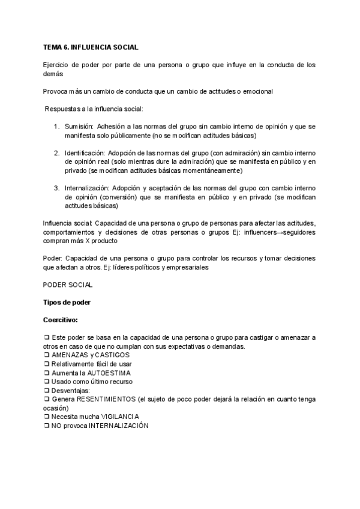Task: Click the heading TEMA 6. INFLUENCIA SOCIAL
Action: tap(91, 46)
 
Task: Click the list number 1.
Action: tap(55, 127)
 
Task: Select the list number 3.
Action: tap(55, 188)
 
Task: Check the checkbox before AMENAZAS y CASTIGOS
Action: tap(46, 355)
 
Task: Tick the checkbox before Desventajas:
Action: tap(46, 390)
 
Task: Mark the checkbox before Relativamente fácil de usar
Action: tap(46, 364)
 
